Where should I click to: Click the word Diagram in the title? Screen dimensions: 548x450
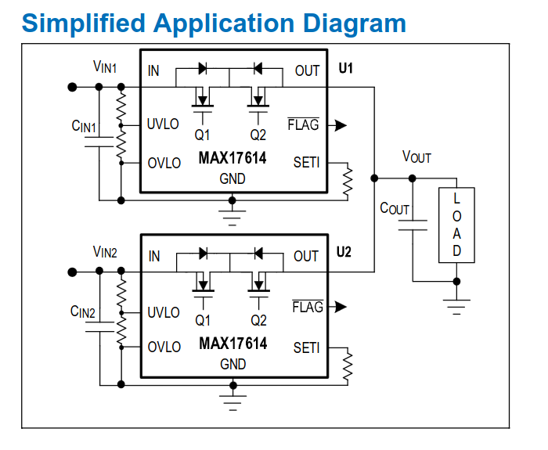pos(354,24)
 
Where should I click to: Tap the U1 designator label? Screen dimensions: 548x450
pos(346,68)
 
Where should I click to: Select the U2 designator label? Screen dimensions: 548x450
pos(344,252)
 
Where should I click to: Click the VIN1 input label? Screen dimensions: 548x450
pos(104,67)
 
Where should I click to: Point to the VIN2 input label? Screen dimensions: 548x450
pos(105,251)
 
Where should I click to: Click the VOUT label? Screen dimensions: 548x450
pos(416,157)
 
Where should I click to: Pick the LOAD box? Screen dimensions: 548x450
pos(456,225)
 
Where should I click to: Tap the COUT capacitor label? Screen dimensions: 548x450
pos(395,208)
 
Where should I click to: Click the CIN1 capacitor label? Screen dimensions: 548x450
pos(84,126)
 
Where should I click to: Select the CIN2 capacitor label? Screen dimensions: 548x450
pos(82,311)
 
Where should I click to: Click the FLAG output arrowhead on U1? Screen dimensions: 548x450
pos(340,125)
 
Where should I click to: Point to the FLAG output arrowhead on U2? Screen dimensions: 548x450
pos(340,307)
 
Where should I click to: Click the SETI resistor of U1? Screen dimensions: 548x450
pos(348,182)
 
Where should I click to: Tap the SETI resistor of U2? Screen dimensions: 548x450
pos(348,366)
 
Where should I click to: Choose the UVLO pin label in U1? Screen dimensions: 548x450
pos(163,124)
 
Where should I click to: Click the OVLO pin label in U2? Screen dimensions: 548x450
pos(164,347)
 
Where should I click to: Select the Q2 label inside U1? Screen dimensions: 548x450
pos(258,135)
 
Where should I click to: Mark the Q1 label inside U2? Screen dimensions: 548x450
pos(203,320)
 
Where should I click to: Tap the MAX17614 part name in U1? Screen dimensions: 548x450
pos(233,158)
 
